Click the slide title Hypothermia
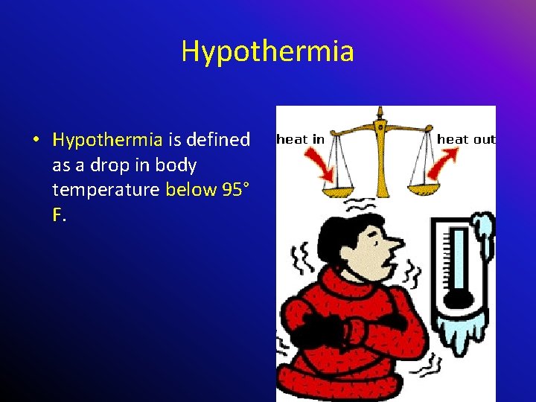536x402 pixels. (267, 51)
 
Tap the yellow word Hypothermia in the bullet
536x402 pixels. (107, 139)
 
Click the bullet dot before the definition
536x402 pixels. (36, 140)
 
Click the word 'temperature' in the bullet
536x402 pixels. (106, 190)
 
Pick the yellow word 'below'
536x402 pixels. (190, 190)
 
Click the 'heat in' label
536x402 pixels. (300, 139)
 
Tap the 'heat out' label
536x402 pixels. (466, 139)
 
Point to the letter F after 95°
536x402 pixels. (57, 215)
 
